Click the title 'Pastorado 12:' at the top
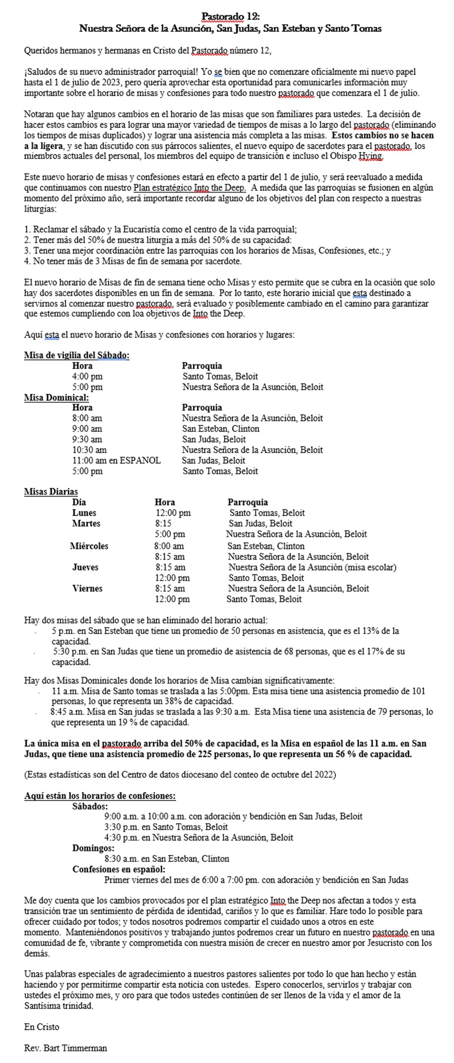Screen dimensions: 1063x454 (x=230, y=17)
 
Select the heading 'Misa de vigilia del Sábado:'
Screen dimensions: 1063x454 (x=77, y=355)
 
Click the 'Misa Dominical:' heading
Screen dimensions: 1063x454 (x=56, y=397)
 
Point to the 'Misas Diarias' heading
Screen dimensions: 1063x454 (x=51, y=492)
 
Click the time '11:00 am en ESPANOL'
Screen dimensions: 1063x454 (x=116, y=460)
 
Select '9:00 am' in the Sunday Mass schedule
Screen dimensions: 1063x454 (x=87, y=429)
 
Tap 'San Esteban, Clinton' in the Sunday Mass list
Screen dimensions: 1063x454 (x=220, y=429)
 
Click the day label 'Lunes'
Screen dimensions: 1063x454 (x=84, y=513)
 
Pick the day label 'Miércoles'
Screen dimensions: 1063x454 (x=89, y=546)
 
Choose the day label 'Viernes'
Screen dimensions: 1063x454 (x=87, y=588)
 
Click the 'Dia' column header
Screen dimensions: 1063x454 (x=79, y=502)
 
